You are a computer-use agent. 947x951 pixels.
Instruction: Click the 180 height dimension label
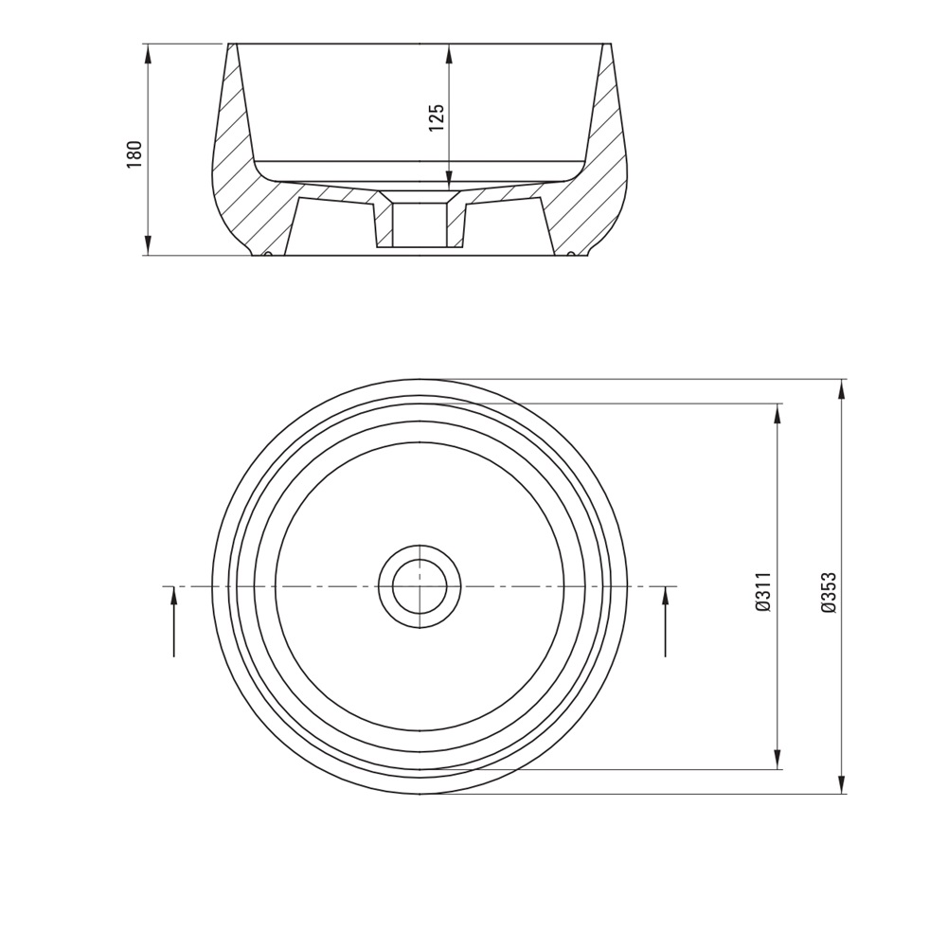pos(134,154)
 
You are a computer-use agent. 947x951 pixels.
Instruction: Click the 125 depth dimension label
pos(437,117)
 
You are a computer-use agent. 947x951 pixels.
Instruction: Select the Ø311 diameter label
pos(763,592)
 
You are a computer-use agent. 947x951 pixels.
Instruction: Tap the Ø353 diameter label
pos(829,593)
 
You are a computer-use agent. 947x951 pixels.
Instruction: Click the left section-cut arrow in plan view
pos(174,621)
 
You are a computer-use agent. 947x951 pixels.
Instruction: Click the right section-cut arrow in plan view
pos(666,621)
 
